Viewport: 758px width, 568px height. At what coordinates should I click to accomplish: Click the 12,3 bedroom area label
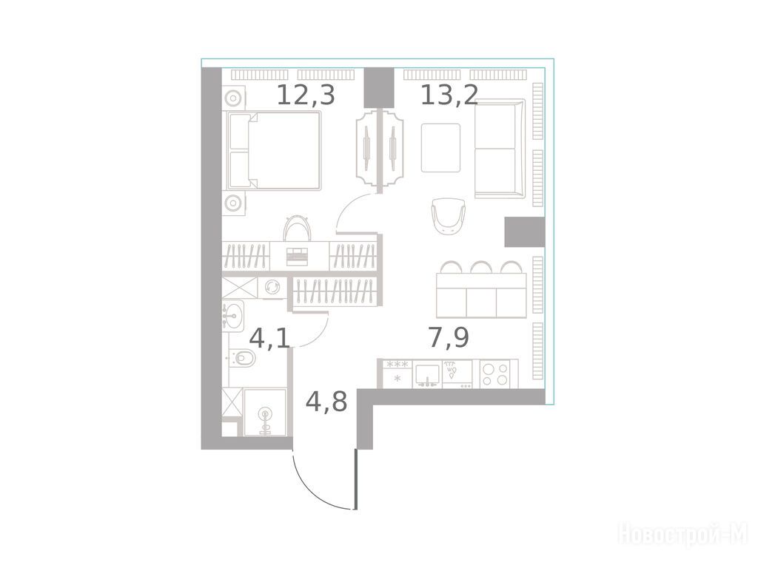click(306, 95)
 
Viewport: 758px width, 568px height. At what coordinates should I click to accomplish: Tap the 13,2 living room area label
click(449, 95)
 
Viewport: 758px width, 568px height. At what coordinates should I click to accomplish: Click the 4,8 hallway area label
click(326, 402)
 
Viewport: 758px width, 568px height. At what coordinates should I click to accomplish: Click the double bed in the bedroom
click(274, 150)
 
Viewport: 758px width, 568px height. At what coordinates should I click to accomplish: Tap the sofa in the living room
click(500, 148)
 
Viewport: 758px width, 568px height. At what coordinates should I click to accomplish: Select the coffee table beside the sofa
click(440, 147)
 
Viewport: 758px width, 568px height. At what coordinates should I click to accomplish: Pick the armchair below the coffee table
click(449, 216)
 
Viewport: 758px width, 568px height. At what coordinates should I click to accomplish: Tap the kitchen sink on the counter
click(427, 374)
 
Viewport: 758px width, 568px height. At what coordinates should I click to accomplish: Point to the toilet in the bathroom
click(243, 358)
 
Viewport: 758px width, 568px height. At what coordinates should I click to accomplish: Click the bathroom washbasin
click(233, 316)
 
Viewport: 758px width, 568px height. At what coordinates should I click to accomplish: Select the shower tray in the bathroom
click(265, 413)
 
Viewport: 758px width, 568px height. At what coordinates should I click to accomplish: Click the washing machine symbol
click(271, 287)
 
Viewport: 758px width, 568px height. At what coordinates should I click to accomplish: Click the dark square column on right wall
click(525, 231)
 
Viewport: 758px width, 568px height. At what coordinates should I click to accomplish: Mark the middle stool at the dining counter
click(481, 268)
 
